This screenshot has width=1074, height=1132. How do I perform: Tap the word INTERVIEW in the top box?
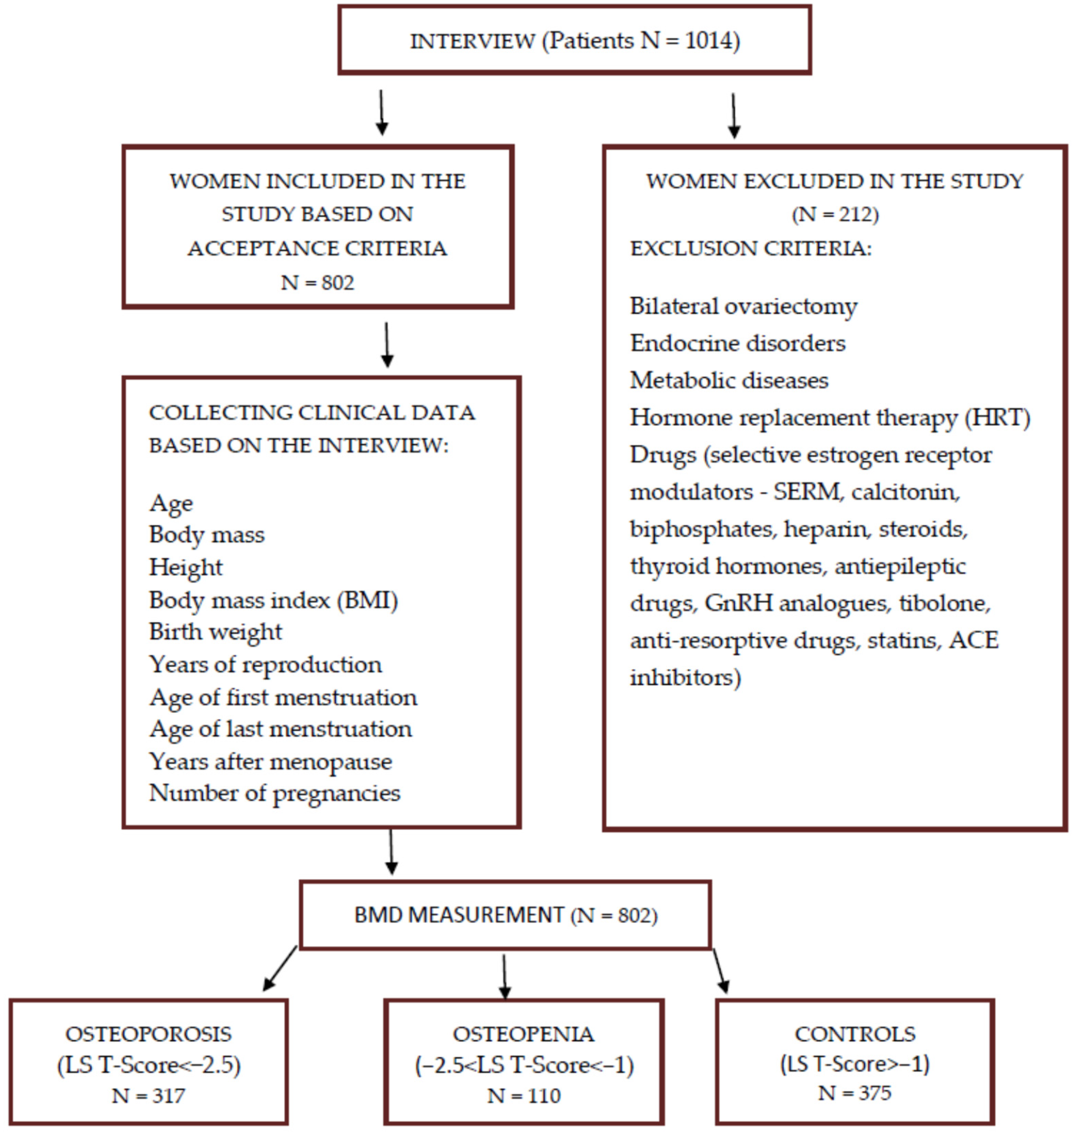click(x=472, y=41)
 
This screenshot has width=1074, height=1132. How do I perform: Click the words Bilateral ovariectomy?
click(x=743, y=306)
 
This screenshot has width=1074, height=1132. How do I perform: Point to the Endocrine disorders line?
click(x=737, y=343)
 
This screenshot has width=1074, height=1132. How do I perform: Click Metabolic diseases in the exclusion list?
click(x=729, y=380)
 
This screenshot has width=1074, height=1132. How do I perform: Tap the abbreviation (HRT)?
click(x=997, y=418)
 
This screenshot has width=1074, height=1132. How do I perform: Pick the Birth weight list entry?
click(x=215, y=631)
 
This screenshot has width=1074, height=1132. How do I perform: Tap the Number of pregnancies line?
click(x=274, y=793)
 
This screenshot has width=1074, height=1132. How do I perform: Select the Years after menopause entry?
click(x=270, y=761)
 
